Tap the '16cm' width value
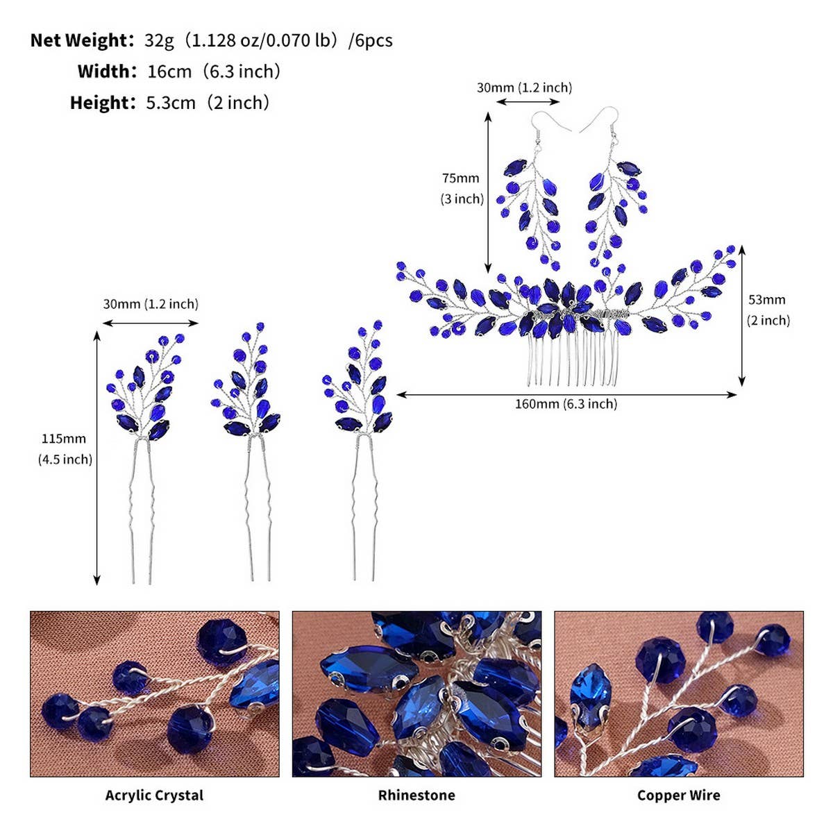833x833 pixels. click(169, 71)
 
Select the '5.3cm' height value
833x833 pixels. click(171, 103)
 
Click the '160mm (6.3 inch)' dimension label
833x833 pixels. click(566, 404)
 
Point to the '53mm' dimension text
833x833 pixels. click(767, 300)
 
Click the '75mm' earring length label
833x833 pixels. click(460, 178)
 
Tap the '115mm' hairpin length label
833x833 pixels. click(64, 439)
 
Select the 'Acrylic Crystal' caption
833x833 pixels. click(154, 795)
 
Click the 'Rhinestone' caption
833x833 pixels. click(416, 795)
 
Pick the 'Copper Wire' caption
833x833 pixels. click(679, 795)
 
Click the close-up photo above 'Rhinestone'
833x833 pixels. click(416, 693)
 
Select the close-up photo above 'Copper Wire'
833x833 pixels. click(679, 693)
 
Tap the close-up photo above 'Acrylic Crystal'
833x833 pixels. click(155, 693)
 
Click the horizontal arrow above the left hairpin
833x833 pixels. click(151, 323)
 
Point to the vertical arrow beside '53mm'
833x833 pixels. click(742, 316)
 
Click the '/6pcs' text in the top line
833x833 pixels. click(371, 41)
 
